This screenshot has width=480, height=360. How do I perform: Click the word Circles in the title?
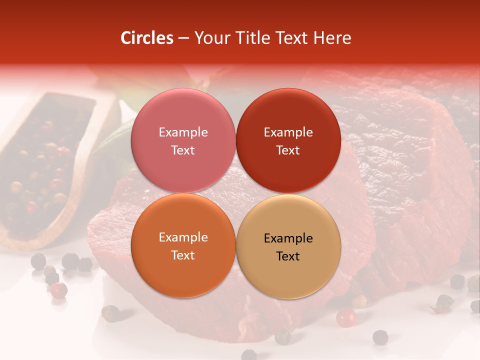pyautogui.click(x=146, y=38)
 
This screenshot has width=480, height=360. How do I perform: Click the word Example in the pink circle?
pyautogui.click(x=183, y=132)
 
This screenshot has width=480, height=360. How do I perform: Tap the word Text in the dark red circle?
pyautogui.click(x=288, y=150)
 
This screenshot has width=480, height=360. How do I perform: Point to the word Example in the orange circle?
pyautogui.click(x=183, y=237)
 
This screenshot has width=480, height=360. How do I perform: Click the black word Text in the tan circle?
pyautogui.click(x=288, y=256)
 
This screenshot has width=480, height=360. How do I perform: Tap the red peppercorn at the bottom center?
pyautogui.click(x=345, y=317)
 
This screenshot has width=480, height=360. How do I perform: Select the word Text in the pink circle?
pyautogui.click(x=183, y=150)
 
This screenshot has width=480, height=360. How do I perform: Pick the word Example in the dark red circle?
pyautogui.click(x=288, y=132)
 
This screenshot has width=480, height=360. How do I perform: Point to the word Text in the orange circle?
pyautogui.click(x=183, y=255)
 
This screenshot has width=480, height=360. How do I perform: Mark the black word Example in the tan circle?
pyautogui.click(x=288, y=238)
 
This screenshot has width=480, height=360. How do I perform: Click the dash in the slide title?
pyautogui.click(x=183, y=38)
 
